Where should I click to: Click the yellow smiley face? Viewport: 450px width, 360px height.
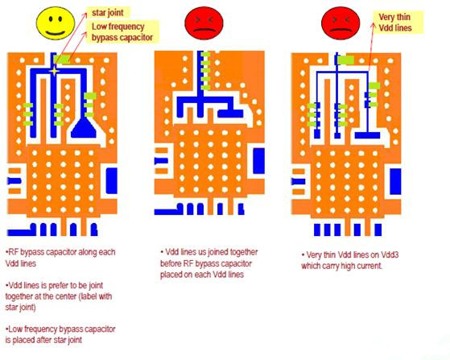[x=56, y=23]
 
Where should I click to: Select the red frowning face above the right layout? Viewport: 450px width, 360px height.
[x=341, y=23]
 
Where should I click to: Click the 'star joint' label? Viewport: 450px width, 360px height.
[x=108, y=13]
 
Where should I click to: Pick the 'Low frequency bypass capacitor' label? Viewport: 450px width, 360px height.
[x=122, y=32]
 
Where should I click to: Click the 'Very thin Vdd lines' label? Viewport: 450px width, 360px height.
[x=395, y=23]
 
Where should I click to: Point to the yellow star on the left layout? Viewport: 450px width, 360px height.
[x=54, y=71]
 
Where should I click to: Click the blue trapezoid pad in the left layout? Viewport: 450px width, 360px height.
[x=83, y=128]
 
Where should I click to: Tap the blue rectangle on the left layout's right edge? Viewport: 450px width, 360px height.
[x=112, y=181]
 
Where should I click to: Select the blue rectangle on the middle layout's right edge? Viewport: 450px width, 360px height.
[x=258, y=161]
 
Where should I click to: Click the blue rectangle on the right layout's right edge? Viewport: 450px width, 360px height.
[x=395, y=182]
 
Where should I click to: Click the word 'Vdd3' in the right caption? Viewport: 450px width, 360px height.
[x=390, y=255]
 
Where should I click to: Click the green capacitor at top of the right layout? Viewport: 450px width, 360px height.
[x=345, y=60]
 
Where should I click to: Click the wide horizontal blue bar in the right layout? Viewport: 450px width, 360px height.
[x=367, y=135]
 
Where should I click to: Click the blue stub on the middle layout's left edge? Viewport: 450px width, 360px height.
[x=161, y=161]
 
